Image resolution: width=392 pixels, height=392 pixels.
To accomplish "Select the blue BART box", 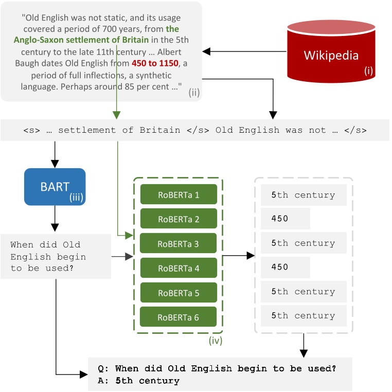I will coord(55,187).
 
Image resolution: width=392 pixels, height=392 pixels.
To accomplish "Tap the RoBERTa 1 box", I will coord(179,195).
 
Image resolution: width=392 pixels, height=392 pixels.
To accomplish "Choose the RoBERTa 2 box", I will coord(179,220).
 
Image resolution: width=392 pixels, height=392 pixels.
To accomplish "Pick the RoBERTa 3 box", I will coord(179,244).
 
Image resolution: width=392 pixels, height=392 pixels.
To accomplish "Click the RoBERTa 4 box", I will coord(179,268).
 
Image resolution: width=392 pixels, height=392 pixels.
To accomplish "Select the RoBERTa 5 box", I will coord(179,293).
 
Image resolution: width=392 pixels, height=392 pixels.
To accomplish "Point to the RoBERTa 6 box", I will coord(179,317).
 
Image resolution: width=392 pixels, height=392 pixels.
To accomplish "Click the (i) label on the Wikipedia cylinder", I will coord(368,71).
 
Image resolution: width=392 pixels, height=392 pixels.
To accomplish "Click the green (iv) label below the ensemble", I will coord(216,341).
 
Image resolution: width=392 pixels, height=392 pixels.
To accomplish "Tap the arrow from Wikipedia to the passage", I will coord(244,51).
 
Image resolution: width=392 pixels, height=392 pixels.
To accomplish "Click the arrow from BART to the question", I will coord(55,220).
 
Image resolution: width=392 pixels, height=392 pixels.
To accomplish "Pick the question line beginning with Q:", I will coord(217,368).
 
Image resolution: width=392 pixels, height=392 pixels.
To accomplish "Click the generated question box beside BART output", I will coord(56,256).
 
